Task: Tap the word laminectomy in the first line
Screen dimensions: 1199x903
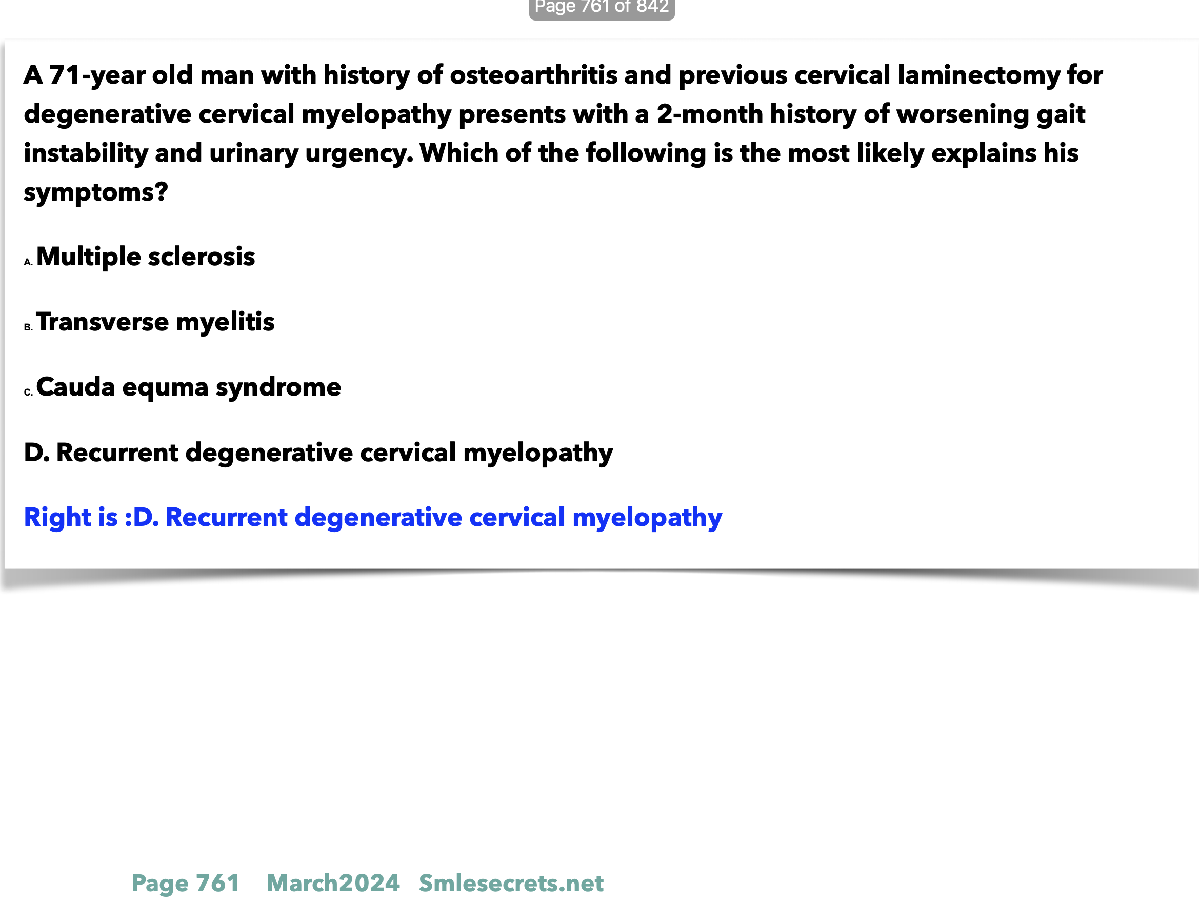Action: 978,75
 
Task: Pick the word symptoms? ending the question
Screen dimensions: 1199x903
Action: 96,192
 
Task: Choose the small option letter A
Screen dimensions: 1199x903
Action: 28,262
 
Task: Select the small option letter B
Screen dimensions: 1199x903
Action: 28,327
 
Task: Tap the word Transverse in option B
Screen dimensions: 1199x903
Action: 103,322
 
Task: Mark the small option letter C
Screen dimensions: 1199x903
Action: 28,392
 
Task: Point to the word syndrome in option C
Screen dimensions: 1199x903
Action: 278,388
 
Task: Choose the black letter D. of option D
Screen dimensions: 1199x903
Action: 37,453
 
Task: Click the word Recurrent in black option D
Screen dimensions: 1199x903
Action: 117,453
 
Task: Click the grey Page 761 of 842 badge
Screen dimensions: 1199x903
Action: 602,8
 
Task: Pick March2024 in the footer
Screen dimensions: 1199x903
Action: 333,883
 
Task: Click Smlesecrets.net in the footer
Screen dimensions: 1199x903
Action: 511,883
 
